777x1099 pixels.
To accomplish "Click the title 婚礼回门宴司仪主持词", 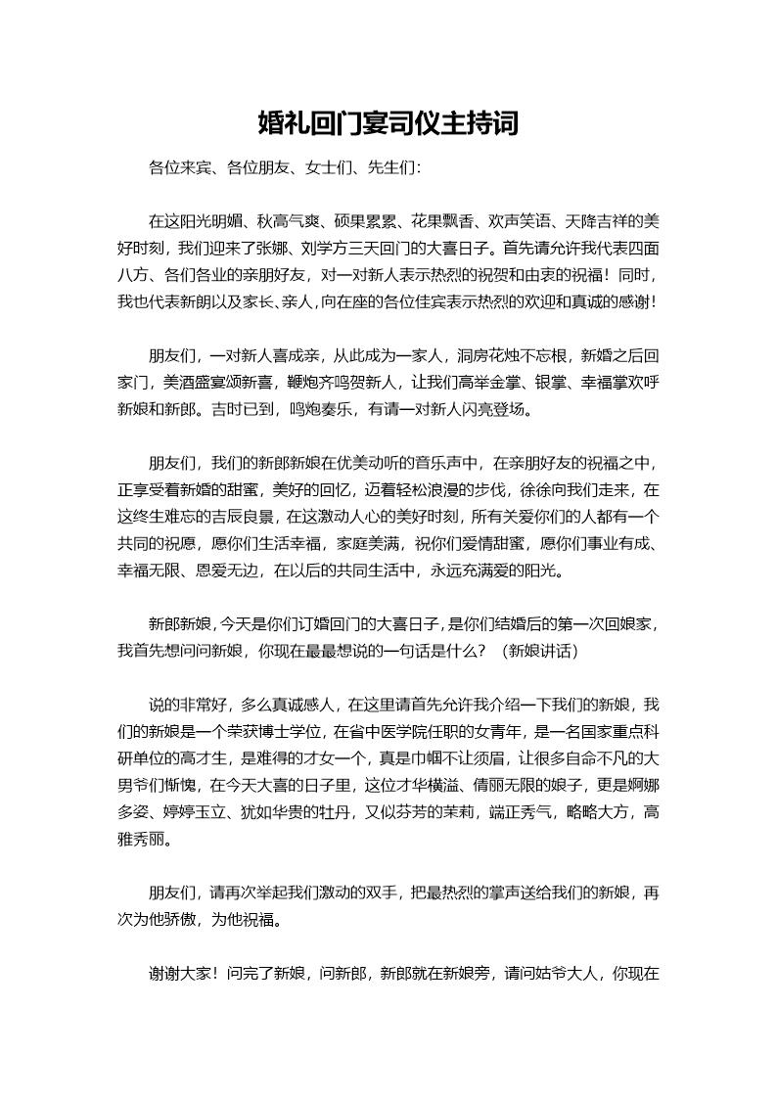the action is coord(388,124).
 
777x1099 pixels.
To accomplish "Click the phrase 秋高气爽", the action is coord(289,220).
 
